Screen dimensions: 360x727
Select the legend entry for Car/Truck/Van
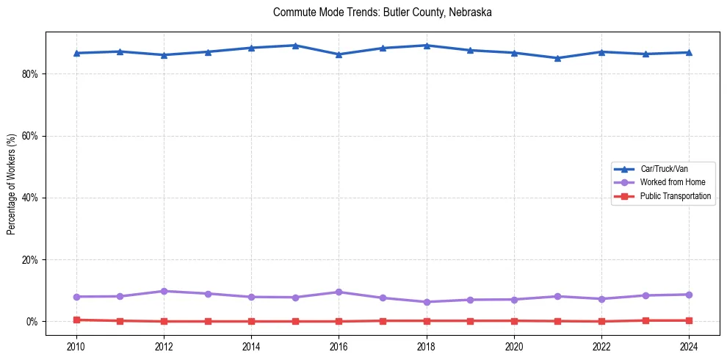664,169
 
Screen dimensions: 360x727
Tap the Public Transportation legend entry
675,196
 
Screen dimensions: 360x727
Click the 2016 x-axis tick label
339,346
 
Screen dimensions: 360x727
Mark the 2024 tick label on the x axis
688,346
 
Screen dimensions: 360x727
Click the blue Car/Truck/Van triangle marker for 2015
295,46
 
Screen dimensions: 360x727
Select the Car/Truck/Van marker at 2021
557,58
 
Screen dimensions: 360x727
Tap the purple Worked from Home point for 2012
164,291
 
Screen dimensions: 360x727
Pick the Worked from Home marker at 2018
426,302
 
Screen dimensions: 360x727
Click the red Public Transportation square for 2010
76,320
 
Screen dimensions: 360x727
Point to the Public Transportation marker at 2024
688,320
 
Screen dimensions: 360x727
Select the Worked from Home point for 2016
339,292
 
